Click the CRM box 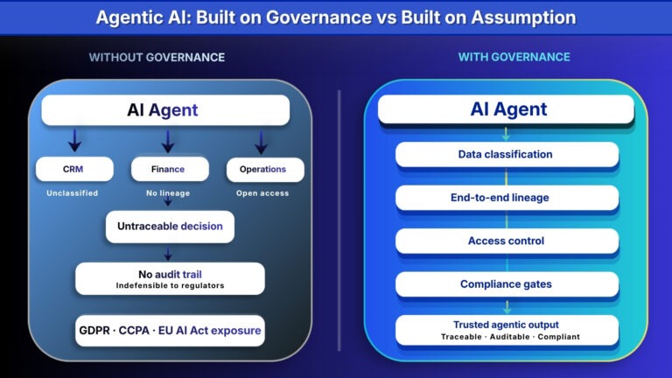(74, 169)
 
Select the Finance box (170, 169)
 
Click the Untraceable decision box (170, 226)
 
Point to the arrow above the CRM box (74, 140)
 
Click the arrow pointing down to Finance (168, 140)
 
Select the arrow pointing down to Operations (261, 140)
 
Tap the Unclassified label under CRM (74, 192)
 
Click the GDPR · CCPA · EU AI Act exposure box (170, 331)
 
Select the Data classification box (507, 155)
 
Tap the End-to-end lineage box (507, 198)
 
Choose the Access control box (507, 241)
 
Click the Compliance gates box (507, 284)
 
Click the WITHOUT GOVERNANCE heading (157, 57)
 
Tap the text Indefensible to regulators (170, 285)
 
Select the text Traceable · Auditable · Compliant (507, 336)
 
